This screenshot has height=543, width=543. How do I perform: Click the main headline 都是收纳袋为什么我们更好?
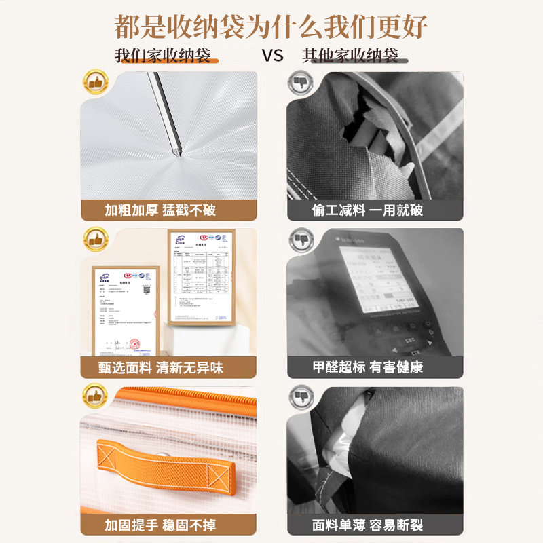pyautogui.click(x=271, y=26)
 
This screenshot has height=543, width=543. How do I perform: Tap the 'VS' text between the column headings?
pyautogui.click(x=272, y=56)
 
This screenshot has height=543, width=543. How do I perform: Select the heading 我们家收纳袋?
pyautogui.click(x=163, y=56)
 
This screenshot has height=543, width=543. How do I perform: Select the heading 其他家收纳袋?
pyautogui.click(x=350, y=56)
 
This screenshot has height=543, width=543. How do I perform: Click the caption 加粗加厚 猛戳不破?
pyautogui.click(x=160, y=210)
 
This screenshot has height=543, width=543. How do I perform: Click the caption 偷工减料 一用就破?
pyautogui.click(x=367, y=210)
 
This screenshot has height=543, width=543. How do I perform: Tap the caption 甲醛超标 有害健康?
pyautogui.click(x=367, y=368)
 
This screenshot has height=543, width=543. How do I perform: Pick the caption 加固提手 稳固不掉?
pyautogui.click(x=160, y=525)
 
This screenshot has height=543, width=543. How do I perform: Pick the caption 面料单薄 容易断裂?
pyautogui.click(x=367, y=525)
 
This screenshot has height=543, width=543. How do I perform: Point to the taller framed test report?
pyautogui.click(x=201, y=276)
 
